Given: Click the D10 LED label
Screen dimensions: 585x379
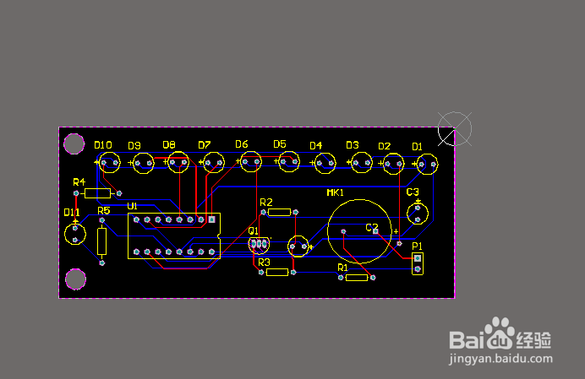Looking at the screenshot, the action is click(x=103, y=145).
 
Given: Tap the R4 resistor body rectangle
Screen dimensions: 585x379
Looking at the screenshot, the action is click(x=98, y=193).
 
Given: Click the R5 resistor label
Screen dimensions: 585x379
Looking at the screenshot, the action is click(x=104, y=211).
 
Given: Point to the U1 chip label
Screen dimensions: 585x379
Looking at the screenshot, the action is click(x=133, y=206).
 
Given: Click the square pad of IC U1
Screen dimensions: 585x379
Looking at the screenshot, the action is click(x=211, y=219).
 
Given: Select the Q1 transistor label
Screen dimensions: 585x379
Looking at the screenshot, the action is click(x=254, y=230).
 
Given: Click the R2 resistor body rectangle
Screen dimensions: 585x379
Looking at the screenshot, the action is click(x=280, y=213).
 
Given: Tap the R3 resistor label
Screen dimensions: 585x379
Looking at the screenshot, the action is click(x=264, y=263).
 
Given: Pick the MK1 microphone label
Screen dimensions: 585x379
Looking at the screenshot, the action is click(x=335, y=192).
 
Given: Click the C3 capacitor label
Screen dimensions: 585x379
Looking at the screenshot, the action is click(x=413, y=192).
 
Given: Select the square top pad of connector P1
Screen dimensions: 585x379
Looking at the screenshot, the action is click(x=418, y=258).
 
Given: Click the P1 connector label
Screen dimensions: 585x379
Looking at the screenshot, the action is click(x=417, y=246).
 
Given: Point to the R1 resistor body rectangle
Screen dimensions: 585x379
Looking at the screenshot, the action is click(x=357, y=278).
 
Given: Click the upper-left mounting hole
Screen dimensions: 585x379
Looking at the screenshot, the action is click(x=74, y=143).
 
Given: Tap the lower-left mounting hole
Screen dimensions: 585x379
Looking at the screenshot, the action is click(x=75, y=279).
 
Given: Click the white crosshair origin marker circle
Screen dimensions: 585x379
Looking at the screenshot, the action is click(x=455, y=112).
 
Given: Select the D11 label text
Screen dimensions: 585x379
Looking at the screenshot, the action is click(x=72, y=213).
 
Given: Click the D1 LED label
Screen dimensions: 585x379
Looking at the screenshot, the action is click(x=417, y=147).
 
